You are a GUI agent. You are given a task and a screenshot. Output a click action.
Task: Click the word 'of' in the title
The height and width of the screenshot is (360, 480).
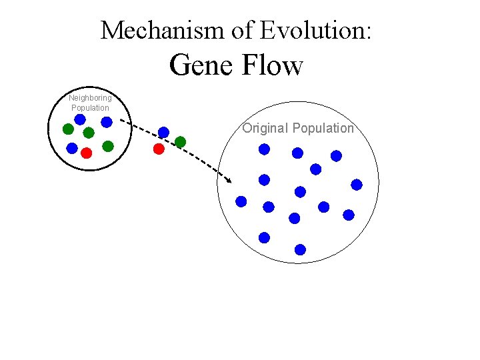243,30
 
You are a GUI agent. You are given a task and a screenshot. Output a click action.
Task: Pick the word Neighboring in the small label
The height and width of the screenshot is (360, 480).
90,98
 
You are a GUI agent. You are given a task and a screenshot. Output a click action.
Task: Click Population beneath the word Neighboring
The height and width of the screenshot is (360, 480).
90,107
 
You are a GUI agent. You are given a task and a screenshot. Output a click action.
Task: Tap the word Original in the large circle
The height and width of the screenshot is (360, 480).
265,128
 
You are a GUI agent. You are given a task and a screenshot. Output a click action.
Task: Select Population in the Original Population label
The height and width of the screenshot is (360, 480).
323,128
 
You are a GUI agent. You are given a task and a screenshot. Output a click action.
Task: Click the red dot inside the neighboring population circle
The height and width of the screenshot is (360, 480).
86,153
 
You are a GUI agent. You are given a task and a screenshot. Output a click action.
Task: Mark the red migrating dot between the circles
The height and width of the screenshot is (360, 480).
159,149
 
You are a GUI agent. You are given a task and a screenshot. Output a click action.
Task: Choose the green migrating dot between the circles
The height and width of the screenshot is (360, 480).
180,141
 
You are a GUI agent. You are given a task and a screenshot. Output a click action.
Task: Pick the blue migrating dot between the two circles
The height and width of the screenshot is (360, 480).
163,132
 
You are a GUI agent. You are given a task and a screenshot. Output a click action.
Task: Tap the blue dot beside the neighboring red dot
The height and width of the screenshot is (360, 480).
72,149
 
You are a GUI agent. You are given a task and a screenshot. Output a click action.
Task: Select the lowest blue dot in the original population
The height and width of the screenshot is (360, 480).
300,249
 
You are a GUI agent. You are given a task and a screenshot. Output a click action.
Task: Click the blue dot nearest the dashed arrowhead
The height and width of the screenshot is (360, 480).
241,201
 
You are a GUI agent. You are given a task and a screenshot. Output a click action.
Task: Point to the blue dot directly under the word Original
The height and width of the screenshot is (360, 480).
265,149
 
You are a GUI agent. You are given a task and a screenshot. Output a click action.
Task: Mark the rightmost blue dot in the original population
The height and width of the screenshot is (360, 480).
357,184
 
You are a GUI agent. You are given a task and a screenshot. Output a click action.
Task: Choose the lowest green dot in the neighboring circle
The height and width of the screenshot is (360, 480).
108,145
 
